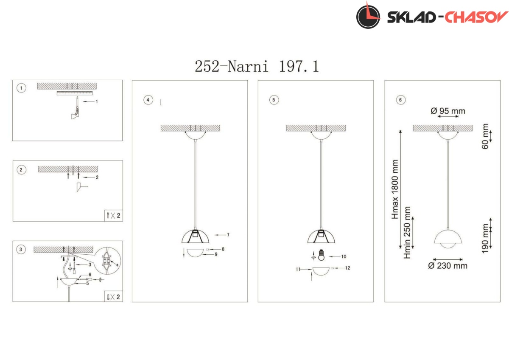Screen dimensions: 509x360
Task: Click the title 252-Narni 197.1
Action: point(257,66)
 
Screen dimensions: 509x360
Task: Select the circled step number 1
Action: point(21,88)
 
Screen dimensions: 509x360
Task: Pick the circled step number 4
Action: point(148,100)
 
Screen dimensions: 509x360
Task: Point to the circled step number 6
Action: point(400,100)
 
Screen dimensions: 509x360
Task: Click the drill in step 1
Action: point(76,108)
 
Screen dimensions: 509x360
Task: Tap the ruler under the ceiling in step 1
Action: point(75,93)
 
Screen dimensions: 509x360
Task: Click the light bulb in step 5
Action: point(321,255)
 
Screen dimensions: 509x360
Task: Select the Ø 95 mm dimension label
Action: point(448,111)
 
